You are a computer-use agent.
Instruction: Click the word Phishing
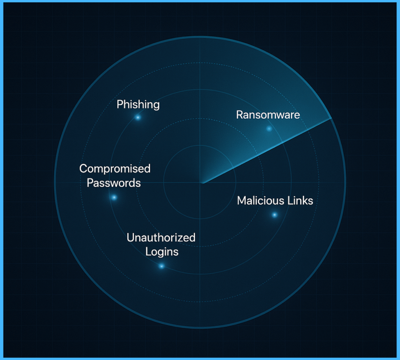tap(138, 105)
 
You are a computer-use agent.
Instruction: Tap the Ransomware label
tap(268, 115)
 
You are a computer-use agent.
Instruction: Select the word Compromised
tap(115, 169)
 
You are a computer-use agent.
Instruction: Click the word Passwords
tap(114, 183)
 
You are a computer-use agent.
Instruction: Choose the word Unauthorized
tap(161, 237)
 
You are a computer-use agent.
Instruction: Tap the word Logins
tap(162, 251)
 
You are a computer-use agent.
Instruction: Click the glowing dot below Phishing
tap(137, 117)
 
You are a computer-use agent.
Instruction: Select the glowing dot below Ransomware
tap(269, 128)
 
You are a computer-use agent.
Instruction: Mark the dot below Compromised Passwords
tap(114, 198)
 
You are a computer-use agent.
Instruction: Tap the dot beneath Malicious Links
tap(274, 215)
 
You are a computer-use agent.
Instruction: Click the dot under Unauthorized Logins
tap(161, 266)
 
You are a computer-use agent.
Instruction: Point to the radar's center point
tap(202, 183)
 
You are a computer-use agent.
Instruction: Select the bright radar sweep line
tap(266, 151)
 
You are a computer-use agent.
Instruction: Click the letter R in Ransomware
tap(239, 115)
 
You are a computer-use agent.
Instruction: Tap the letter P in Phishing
tap(120, 105)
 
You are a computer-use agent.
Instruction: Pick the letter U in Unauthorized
tap(130, 237)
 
